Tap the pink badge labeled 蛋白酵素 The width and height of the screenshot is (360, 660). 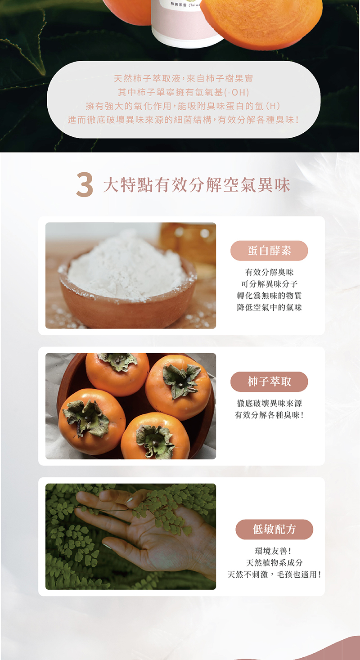269,251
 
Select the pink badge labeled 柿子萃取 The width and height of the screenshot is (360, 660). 269,382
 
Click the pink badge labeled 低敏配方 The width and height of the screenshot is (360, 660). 274,529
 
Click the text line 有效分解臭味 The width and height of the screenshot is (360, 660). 269,272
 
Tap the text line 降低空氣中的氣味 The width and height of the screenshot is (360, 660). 269,307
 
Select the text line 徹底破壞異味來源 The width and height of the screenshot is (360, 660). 269,403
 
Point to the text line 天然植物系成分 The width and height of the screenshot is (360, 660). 274,563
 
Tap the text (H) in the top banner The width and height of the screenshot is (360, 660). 273,107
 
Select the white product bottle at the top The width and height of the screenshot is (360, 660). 187,22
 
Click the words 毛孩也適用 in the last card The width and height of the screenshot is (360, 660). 302,575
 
